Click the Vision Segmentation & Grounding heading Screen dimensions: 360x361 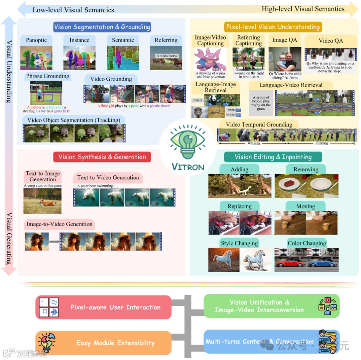coord(102,27)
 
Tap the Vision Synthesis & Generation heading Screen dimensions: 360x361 coord(102,157)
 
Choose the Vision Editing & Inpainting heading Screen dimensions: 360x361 coord(273,157)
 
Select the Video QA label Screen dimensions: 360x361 coord(331,41)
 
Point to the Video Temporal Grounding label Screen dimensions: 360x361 coord(259,124)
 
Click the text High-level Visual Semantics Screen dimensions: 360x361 coord(303,9)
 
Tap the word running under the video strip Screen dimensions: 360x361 coord(322,143)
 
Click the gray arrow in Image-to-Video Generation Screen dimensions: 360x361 coord(53,241)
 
